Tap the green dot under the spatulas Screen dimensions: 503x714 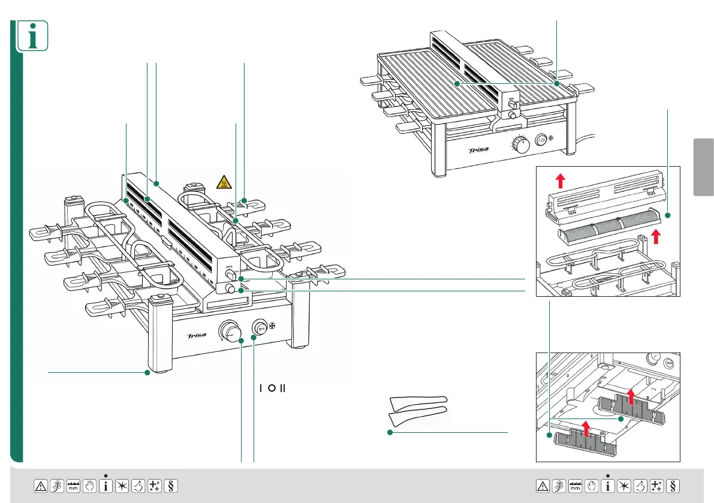click(x=390, y=432)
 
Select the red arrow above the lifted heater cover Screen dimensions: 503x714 click(x=560, y=179)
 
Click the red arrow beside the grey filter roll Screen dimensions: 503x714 click(x=656, y=235)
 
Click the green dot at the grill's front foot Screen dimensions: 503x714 click(x=147, y=373)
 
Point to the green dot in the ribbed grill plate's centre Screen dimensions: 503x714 click(x=457, y=85)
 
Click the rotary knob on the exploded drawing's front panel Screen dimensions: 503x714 click(x=230, y=330)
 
